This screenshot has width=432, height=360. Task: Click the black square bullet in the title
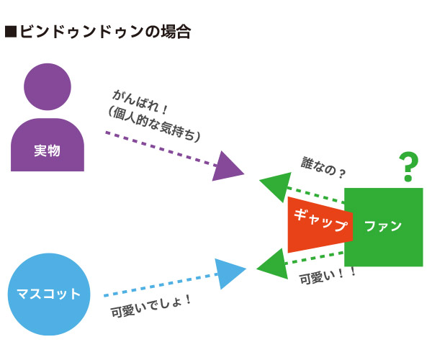(11, 32)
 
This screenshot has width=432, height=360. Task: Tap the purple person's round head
(48, 87)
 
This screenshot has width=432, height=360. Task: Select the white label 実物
(47, 150)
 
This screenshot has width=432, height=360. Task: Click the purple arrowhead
(228, 166)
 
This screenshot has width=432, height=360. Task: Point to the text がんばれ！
(140, 102)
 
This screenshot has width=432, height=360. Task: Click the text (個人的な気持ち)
(154, 125)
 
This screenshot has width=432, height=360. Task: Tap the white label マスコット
(48, 294)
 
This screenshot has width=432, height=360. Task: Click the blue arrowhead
(230, 274)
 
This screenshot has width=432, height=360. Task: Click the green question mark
(408, 166)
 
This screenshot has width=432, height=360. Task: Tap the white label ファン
(383, 226)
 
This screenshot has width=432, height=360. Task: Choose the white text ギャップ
(321, 220)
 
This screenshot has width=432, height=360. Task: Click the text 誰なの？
(323, 168)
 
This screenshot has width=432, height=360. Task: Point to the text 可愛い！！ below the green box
(328, 276)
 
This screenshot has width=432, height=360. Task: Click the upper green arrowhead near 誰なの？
(276, 187)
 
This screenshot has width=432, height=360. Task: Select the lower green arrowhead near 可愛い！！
(273, 264)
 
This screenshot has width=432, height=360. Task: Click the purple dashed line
(161, 149)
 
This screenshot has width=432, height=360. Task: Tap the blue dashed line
(161, 285)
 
